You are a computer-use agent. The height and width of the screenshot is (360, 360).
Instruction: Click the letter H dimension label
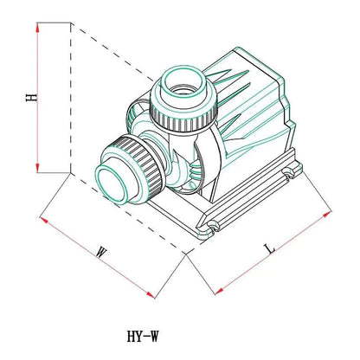32,97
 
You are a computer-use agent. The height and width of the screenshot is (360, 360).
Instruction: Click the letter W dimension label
101,252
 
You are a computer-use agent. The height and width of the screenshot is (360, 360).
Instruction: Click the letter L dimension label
270,249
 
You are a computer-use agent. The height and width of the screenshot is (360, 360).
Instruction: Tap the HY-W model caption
143,336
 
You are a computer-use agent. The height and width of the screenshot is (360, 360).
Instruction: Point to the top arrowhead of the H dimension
37,28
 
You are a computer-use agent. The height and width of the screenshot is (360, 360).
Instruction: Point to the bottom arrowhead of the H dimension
37,168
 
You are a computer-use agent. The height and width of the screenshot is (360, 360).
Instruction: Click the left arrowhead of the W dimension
44,220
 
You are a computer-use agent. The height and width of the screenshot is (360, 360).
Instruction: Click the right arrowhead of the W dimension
151,294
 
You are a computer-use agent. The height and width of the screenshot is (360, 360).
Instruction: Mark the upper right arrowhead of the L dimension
327,214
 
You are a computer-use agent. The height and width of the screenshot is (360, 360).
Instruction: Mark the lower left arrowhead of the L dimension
220,291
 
